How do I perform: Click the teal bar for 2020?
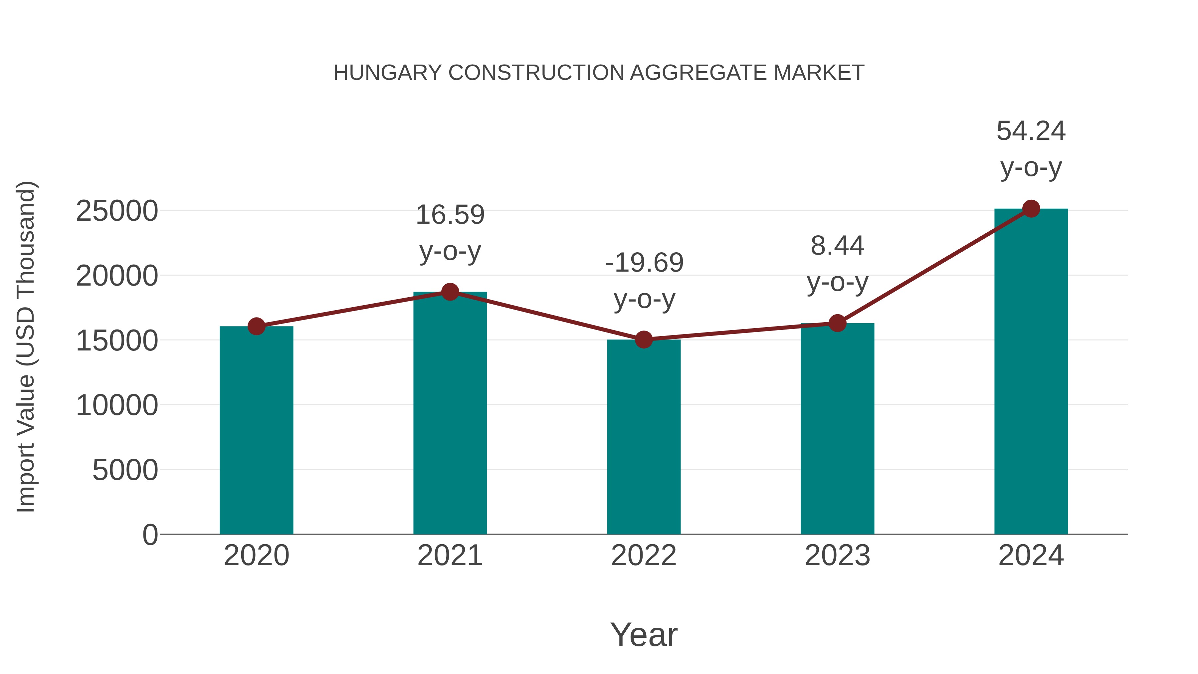pos(256,430)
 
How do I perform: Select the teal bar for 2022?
pos(644,437)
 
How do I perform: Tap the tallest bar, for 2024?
pos(1031,372)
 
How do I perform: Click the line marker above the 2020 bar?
pos(256,326)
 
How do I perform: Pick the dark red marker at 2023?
pos(837,323)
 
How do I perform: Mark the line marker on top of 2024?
pos(1031,209)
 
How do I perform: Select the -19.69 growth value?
pos(644,263)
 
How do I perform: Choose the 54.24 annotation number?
pos(1031,131)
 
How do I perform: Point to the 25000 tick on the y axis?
pos(117,211)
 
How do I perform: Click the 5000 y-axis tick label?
pos(125,470)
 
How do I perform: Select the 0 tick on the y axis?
pos(150,535)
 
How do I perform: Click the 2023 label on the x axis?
pos(837,556)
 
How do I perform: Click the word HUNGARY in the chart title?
pos(387,73)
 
